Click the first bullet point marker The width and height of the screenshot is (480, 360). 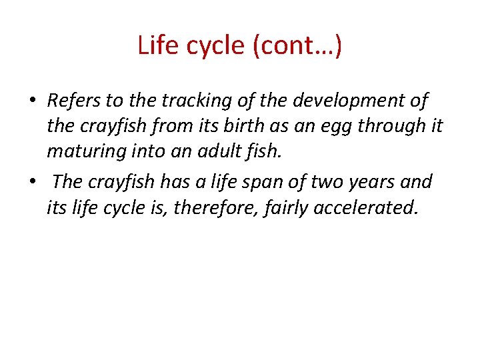[x=32, y=102]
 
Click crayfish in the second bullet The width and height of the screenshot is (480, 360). [x=121, y=181]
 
